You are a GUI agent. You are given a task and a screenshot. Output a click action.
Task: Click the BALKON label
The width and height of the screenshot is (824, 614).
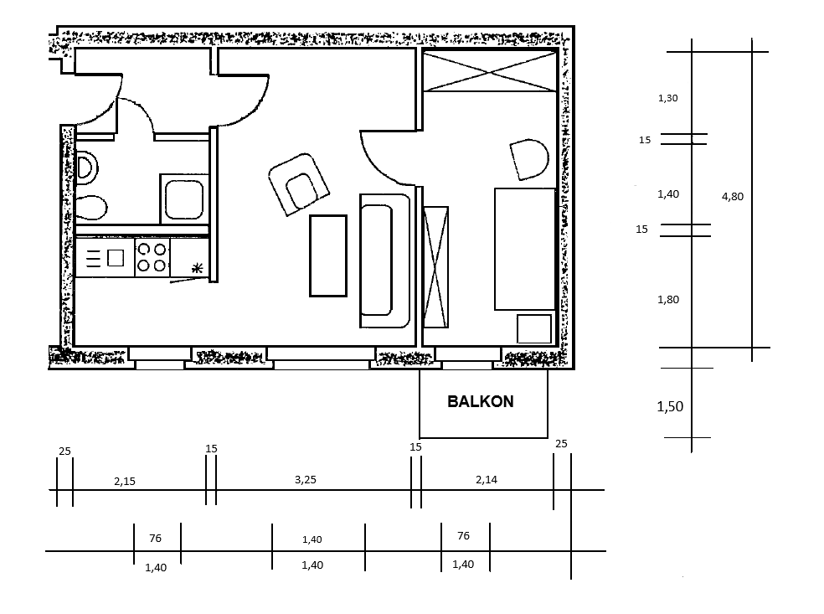(481, 401)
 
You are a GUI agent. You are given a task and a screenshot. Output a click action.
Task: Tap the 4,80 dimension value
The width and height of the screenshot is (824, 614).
(733, 197)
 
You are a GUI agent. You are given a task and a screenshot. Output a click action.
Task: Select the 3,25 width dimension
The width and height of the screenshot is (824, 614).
(306, 479)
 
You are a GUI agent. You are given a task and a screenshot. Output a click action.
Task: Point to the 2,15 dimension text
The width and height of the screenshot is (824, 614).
(125, 481)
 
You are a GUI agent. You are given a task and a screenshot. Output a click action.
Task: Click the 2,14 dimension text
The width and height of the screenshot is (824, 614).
(486, 479)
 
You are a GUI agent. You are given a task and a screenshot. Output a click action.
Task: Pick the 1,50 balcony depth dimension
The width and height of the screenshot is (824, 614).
(670, 406)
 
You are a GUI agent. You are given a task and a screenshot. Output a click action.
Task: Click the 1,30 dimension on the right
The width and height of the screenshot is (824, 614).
(668, 98)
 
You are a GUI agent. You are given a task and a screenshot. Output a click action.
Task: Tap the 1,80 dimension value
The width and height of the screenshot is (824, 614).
(668, 300)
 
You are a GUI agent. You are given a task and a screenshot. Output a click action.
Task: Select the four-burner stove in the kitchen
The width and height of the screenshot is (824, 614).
(152, 258)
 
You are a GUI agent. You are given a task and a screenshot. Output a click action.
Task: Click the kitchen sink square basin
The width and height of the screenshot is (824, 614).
(116, 258)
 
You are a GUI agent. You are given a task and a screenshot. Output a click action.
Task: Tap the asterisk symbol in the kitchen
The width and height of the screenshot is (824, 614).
(197, 269)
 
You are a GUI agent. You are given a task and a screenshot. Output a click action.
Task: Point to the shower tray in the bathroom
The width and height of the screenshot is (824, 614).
(184, 199)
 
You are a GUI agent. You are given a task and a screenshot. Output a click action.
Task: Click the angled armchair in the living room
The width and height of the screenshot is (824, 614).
(298, 184)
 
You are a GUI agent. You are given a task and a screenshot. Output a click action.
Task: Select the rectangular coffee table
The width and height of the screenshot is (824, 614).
(328, 255)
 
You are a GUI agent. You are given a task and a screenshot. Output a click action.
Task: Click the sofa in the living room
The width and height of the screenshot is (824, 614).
(384, 261)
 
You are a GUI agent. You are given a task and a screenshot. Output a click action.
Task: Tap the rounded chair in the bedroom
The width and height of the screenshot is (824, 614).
(529, 159)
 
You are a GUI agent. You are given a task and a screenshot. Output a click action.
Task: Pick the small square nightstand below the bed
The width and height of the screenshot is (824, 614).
(534, 328)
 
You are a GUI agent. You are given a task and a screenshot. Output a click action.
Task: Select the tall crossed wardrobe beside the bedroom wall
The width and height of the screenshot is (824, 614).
(435, 267)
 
